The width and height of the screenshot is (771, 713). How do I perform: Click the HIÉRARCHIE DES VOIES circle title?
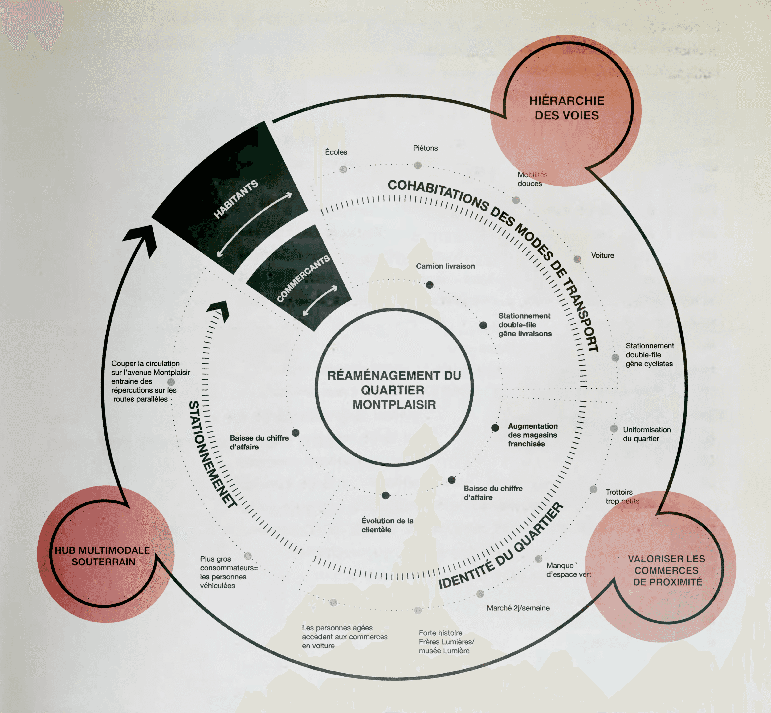pos(566,108)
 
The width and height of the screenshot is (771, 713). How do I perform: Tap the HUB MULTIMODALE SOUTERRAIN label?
pos(103,556)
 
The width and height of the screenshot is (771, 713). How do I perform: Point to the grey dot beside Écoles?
pos(343,169)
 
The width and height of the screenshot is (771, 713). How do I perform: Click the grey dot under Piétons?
pos(418,166)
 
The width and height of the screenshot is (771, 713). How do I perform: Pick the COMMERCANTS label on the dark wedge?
pos(304,278)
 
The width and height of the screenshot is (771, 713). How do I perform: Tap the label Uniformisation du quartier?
pos(647,434)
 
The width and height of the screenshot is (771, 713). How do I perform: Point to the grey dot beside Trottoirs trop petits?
pos(593,490)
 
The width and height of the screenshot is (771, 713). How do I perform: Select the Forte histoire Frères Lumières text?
pos(446,642)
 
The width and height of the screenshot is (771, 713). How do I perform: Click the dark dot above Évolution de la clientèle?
pos(386,495)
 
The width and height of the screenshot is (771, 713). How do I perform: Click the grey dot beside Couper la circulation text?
pos(171,382)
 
